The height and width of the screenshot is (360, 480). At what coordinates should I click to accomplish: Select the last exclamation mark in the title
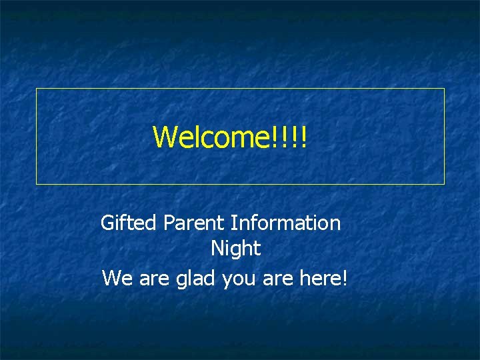tap(303, 137)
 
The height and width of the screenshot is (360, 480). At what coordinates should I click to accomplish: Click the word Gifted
tap(127, 223)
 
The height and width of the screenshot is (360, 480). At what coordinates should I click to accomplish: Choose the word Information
tap(286, 223)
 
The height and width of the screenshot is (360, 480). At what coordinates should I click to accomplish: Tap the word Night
tap(235, 249)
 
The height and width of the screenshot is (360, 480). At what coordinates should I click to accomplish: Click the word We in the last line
tap(117, 277)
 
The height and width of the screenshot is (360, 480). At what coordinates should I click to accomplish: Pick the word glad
tap(195, 277)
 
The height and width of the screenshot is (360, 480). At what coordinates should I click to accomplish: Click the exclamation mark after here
tap(344, 277)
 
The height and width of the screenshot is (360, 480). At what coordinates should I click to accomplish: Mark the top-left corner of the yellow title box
tap(36, 89)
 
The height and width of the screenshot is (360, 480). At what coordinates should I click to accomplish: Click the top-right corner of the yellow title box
tap(444, 89)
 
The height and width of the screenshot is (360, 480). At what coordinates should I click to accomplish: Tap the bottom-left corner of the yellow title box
tap(36, 183)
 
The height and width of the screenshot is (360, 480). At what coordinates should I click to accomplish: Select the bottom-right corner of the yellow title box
tap(444, 183)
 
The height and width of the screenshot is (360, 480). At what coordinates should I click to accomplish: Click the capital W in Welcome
tap(165, 137)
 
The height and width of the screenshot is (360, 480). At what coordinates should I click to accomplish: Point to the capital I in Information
tap(233, 223)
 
